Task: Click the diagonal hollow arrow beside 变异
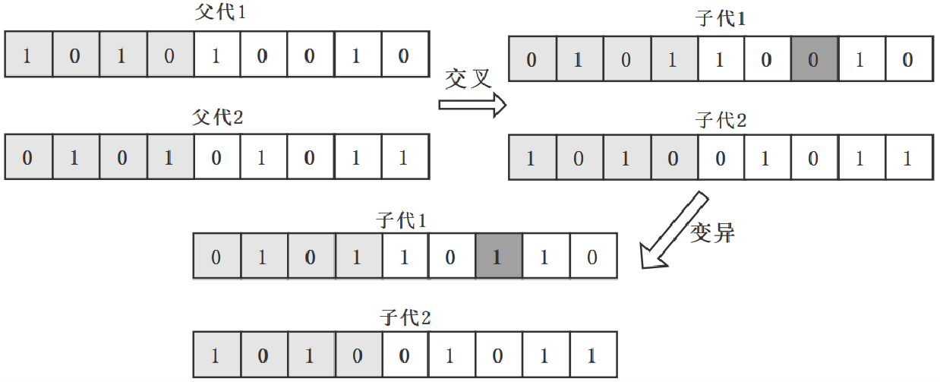pos(669,230)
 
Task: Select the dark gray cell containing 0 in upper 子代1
pos(813,59)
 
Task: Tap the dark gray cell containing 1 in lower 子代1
pos(497,256)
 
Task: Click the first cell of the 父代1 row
pos(27,55)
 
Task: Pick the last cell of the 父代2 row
pos(403,158)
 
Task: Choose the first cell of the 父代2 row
pos(27,158)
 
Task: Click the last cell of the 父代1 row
pos(403,55)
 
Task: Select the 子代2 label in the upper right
pos(721,120)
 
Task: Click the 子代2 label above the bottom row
pos(405,317)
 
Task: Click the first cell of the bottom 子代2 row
pos(216,355)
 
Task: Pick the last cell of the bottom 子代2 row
pos(591,355)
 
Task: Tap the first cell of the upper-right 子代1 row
pos(531,59)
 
